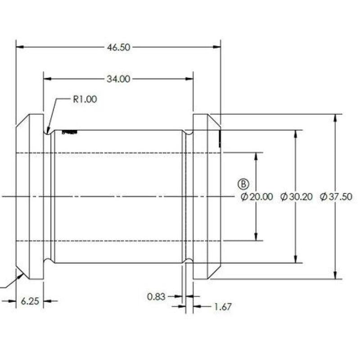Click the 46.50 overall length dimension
pyautogui.click(x=118, y=47)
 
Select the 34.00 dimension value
pyautogui.click(x=118, y=79)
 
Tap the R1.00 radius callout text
pyautogui.click(x=85, y=99)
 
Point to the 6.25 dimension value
pyautogui.click(x=30, y=301)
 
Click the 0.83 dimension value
pyautogui.click(x=156, y=297)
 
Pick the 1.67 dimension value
pyautogui.click(x=223, y=307)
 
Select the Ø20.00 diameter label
pyautogui.click(x=257, y=197)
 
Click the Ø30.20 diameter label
pyautogui.click(x=297, y=197)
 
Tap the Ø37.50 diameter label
pyautogui.click(x=336, y=197)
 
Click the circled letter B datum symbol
pyautogui.click(x=243, y=184)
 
